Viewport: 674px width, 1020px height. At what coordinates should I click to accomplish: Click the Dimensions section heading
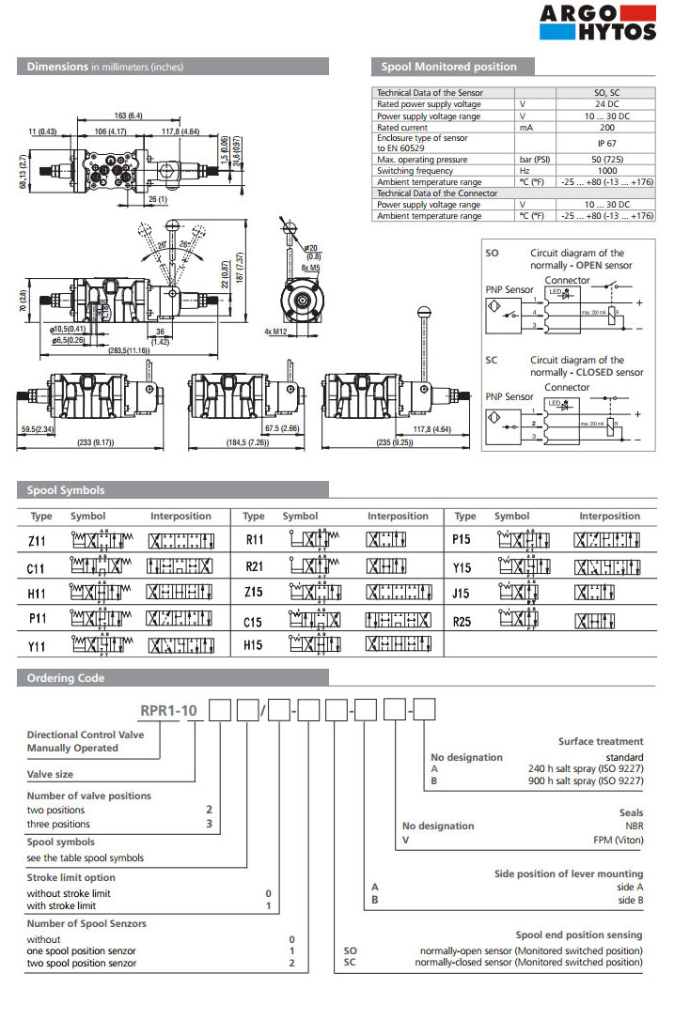105,67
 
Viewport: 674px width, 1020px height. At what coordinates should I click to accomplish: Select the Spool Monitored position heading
448,67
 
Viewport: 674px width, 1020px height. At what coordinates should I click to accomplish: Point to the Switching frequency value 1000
606,172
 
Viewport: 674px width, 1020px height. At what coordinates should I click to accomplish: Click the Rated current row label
402,127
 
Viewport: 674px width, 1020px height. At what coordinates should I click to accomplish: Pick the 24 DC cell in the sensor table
606,104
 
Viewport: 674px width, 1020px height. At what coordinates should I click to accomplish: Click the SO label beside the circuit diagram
493,254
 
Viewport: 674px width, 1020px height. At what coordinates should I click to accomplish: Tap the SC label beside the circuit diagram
493,361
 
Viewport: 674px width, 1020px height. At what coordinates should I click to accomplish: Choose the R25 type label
462,621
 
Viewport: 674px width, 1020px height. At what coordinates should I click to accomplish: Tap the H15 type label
253,646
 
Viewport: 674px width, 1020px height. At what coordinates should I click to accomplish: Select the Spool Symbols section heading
66,490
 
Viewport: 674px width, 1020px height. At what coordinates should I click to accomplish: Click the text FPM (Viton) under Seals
617,840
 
